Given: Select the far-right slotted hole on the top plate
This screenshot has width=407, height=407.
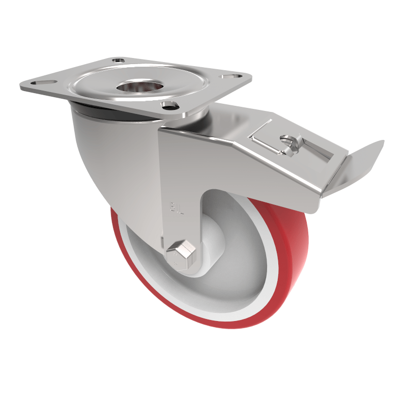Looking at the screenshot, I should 235,76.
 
